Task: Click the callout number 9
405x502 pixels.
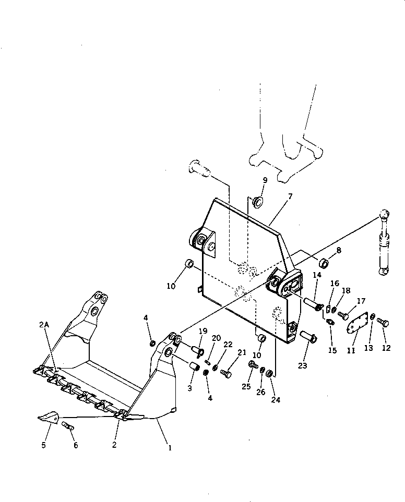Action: (265, 180)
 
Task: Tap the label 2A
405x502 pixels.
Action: (44, 324)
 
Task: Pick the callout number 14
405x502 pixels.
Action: (317, 275)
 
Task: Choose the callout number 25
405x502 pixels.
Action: (246, 386)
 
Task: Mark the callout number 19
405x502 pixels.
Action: (203, 331)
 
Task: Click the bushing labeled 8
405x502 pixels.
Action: (323, 262)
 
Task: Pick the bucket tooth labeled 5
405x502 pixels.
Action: (47, 417)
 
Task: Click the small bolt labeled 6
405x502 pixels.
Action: (68, 426)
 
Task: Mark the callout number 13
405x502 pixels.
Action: (368, 348)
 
